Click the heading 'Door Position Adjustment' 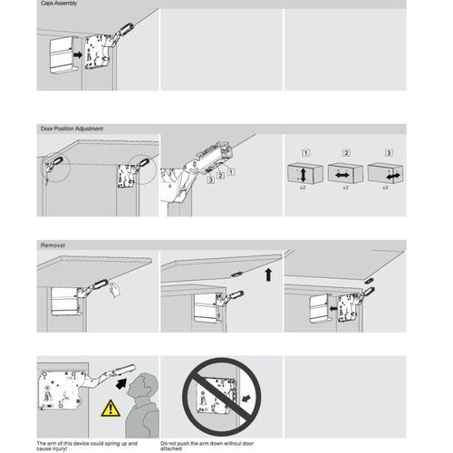pos(72,129)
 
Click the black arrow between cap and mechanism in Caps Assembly pos(79,55)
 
